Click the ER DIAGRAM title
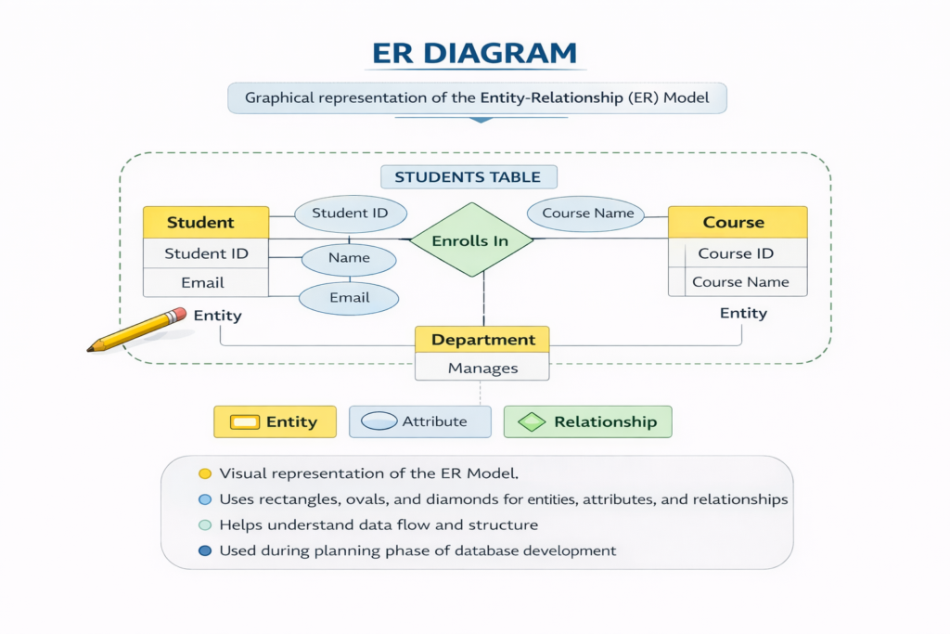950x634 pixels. click(474, 53)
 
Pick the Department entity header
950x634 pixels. click(482, 340)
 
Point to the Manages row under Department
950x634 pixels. click(482, 369)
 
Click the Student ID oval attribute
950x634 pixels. click(350, 213)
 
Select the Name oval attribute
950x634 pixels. click(349, 258)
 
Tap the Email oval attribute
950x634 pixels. click(349, 298)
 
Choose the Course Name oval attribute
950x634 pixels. click(587, 213)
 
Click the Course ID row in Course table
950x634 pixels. click(738, 253)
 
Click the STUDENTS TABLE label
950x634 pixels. click(469, 177)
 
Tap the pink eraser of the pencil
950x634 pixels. click(177, 316)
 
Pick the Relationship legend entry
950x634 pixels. click(587, 421)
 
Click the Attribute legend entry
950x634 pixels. click(420, 421)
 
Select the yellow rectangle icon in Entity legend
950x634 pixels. click(244, 422)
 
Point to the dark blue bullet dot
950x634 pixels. click(205, 550)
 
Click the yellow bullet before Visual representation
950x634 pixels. click(205, 473)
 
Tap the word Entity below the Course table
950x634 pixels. click(743, 313)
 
